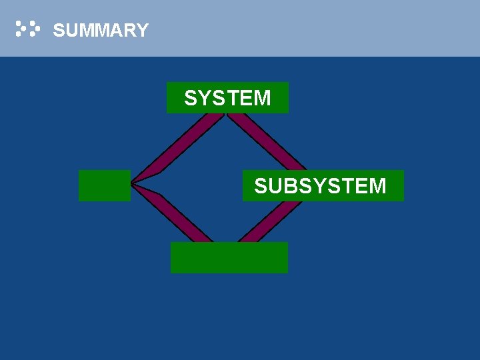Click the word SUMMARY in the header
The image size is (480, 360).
pyautogui.click(x=100, y=31)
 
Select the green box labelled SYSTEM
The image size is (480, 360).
pyautogui.click(x=227, y=97)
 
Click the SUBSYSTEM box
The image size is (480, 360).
pyautogui.click(x=323, y=185)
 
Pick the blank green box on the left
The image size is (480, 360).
pyautogui.click(x=104, y=185)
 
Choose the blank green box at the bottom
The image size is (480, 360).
pyautogui.click(x=229, y=257)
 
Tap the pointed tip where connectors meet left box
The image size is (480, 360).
pyautogui.click(x=134, y=182)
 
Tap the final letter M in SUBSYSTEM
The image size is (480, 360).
pyautogui.click(x=377, y=186)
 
